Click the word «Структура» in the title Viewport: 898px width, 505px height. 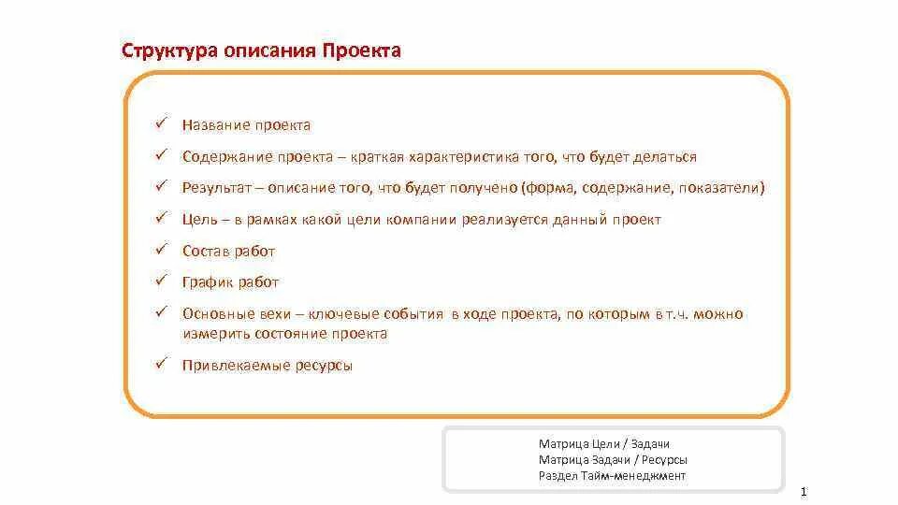(x=169, y=50)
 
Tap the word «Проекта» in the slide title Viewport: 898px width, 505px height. (x=362, y=50)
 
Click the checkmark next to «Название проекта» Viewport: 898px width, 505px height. (x=161, y=123)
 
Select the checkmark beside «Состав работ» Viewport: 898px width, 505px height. (x=161, y=250)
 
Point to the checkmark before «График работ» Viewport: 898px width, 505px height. (x=161, y=281)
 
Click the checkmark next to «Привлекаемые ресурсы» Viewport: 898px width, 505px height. (x=161, y=365)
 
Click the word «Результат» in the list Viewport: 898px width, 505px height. (x=217, y=188)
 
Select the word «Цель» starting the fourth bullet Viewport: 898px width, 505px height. (x=200, y=220)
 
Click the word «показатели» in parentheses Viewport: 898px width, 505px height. (x=723, y=188)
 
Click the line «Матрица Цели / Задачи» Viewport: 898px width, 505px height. (x=604, y=443)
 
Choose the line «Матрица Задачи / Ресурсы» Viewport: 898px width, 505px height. (x=613, y=459)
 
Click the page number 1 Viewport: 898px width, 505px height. (x=804, y=492)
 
